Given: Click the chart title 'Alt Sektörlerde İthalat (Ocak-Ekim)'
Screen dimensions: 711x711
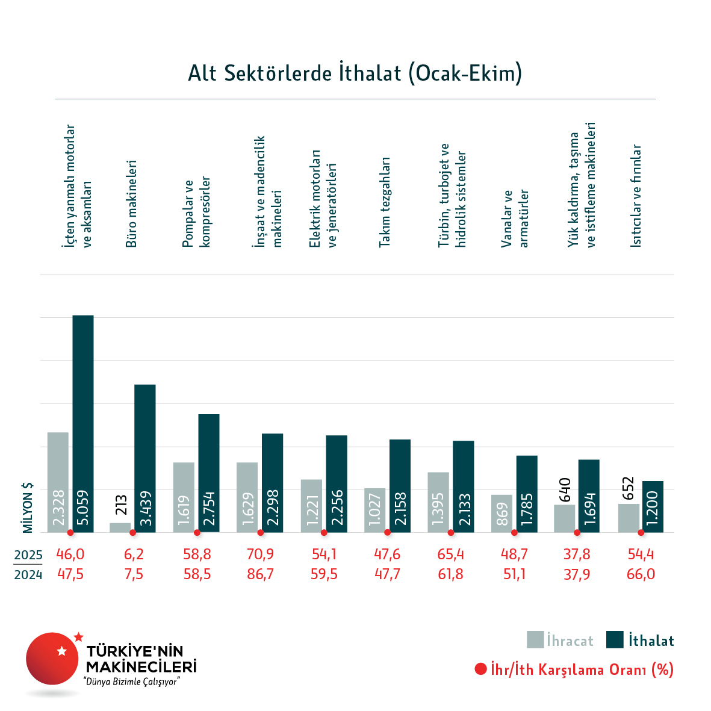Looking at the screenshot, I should [x=355, y=73].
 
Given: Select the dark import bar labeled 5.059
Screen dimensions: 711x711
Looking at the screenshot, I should [x=83, y=421].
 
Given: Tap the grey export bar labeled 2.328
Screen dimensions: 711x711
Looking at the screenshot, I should [x=58, y=482].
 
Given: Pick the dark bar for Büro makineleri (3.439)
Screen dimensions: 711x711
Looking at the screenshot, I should [x=144, y=458].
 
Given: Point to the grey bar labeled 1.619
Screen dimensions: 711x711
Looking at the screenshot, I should [x=184, y=497].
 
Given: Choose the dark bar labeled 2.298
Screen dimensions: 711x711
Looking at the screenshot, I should [x=272, y=482].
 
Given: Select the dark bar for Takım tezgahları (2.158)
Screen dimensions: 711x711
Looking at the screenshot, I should [x=400, y=485].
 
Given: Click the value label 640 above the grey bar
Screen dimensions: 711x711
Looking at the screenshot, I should [x=565, y=489].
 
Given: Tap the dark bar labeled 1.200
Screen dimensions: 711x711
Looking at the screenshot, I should [x=653, y=506].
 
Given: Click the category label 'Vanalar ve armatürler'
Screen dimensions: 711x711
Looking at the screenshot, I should [x=515, y=218].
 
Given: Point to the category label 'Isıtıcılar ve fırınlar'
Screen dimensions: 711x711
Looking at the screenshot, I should [x=636, y=196].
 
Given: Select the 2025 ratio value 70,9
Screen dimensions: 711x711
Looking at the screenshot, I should [x=260, y=554].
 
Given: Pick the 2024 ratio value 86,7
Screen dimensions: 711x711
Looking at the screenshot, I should [x=260, y=574].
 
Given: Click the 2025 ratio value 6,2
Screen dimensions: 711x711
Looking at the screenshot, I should [x=134, y=554].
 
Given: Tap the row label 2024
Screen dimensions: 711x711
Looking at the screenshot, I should [x=28, y=575].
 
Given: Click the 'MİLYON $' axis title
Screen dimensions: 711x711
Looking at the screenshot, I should [x=28, y=508].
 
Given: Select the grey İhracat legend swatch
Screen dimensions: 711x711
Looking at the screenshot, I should [x=535, y=640].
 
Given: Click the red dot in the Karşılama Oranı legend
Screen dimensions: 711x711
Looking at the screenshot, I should [x=480, y=669].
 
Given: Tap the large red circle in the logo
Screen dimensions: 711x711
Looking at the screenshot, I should [x=52, y=659].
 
